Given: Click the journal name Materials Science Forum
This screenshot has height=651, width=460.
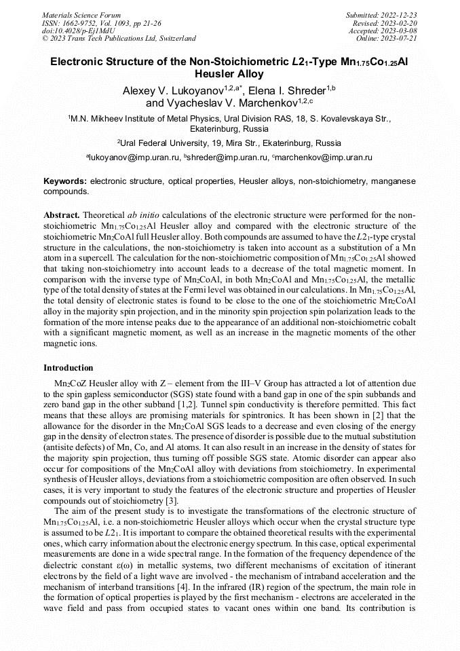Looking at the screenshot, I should pyautogui.click(x=81, y=15).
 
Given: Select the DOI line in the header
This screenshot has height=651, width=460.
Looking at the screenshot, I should pyautogui.click(x=79, y=31).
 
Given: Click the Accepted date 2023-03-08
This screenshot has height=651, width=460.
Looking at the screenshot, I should pyautogui.click(x=400, y=31).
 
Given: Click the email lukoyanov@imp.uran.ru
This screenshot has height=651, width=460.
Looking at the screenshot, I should pyautogui.click(x=134, y=157).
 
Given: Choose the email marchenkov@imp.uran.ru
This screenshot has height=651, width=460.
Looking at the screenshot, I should pyautogui.click(x=324, y=157).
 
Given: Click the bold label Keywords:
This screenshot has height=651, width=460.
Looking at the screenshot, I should pyautogui.click(x=64, y=182).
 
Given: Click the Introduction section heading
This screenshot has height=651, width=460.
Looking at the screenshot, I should pyautogui.click(x=69, y=367).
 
